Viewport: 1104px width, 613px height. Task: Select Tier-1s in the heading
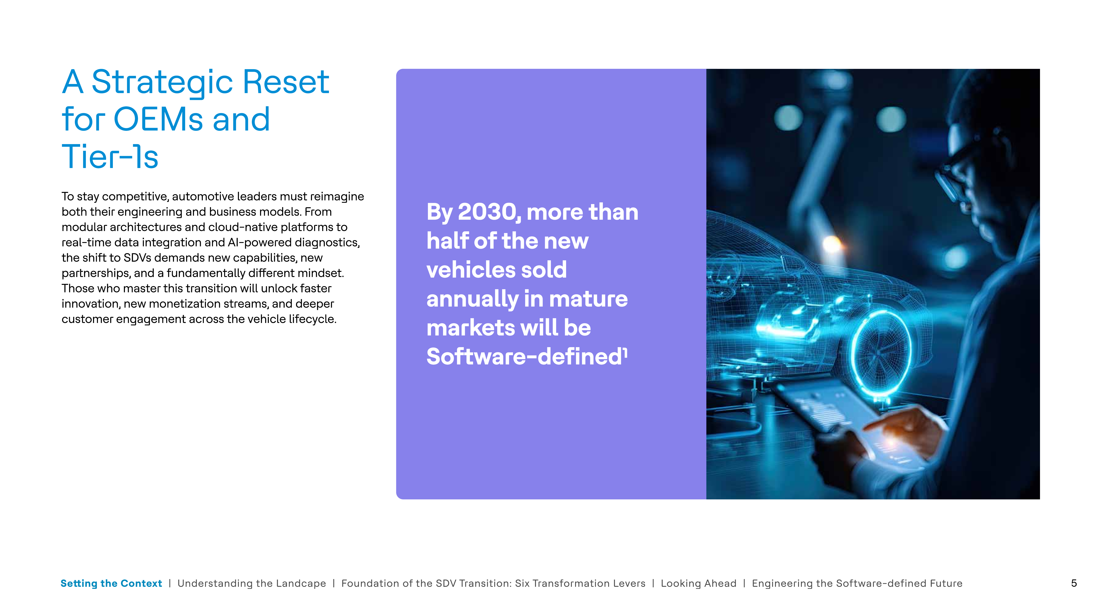pyautogui.click(x=110, y=157)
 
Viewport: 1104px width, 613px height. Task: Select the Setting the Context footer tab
pyautogui.click(x=111, y=583)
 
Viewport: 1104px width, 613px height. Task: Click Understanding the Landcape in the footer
pyautogui.click(x=252, y=583)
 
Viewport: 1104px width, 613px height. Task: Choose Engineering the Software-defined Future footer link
pyautogui.click(x=857, y=583)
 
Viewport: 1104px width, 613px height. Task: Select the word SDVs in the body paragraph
pyautogui.click(x=137, y=258)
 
